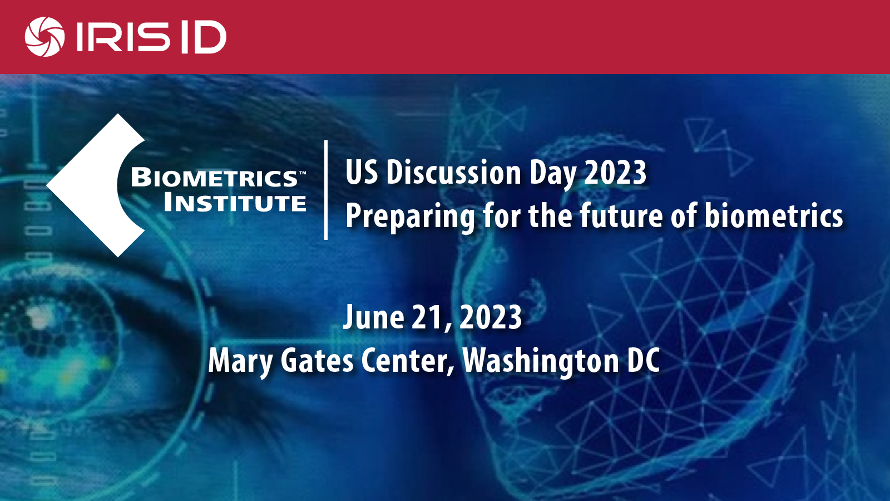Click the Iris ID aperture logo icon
44,37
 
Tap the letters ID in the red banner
204,37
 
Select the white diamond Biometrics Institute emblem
95,185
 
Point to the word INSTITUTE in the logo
235,202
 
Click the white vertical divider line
326,190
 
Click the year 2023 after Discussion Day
615,173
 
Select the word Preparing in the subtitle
410,217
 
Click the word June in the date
373,317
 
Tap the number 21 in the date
426,317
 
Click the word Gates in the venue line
317,360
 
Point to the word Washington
540,361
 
